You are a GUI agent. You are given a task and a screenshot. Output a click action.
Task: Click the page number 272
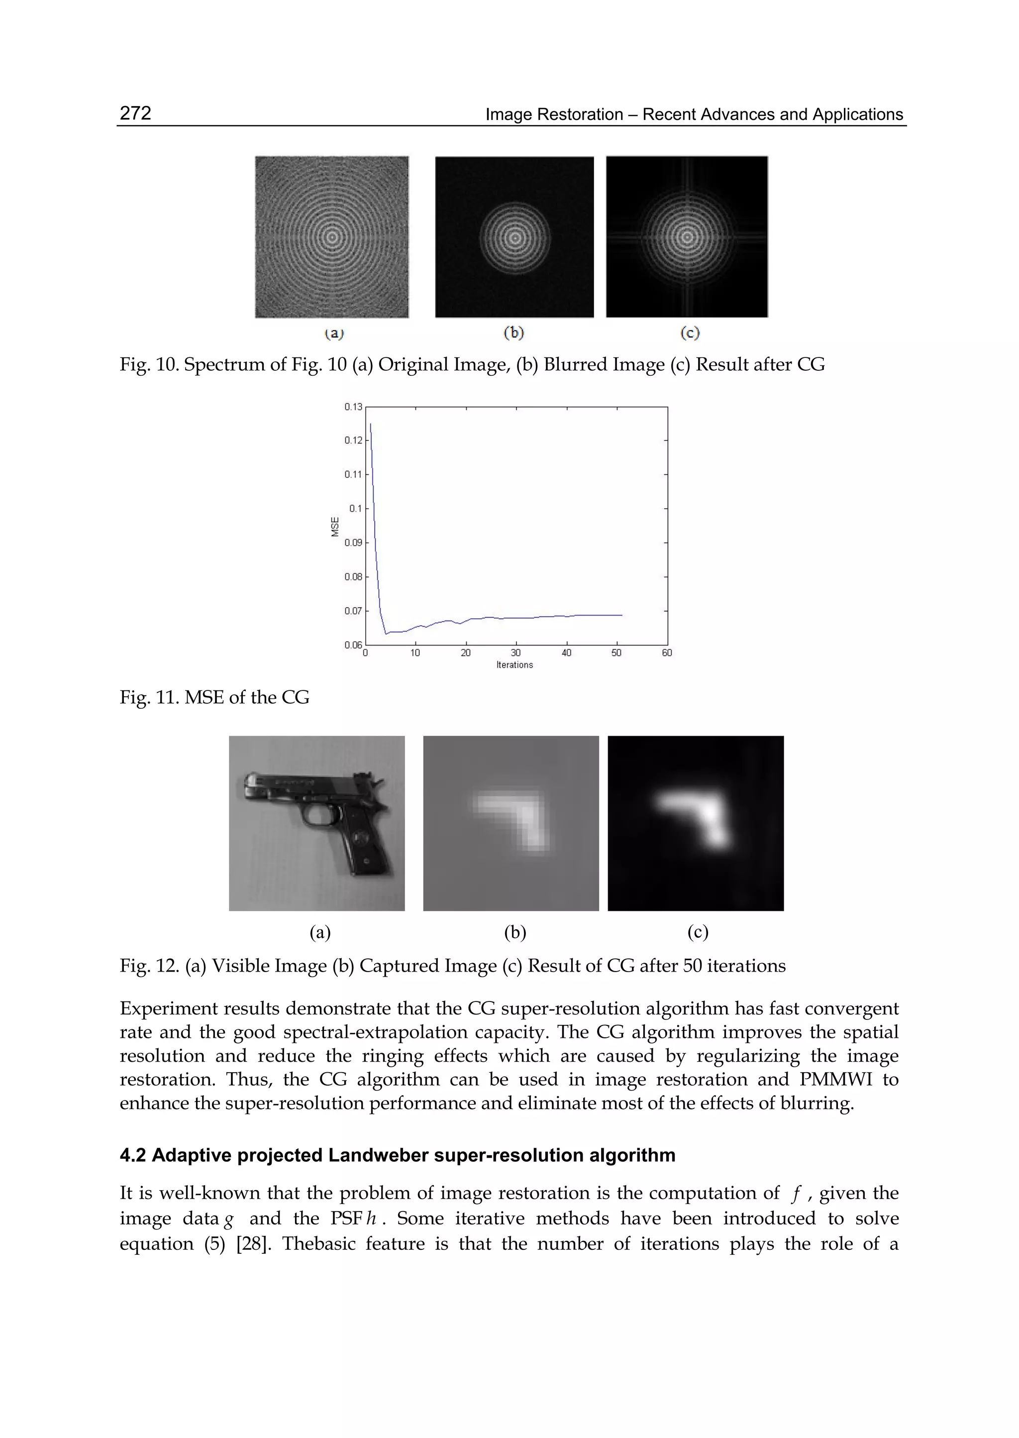click(135, 113)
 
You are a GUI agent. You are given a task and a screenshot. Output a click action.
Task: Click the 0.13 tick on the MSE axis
click(353, 407)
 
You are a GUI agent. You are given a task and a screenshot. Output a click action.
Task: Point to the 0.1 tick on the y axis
click(356, 508)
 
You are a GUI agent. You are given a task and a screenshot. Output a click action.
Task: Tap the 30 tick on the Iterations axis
click(516, 653)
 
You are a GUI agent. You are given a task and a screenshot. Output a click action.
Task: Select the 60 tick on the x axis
click(667, 653)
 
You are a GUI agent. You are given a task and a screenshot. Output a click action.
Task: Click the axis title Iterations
click(514, 664)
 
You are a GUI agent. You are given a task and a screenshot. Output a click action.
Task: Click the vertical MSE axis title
click(335, 526)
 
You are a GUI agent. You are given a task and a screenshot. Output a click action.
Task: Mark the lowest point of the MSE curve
click(386, 634)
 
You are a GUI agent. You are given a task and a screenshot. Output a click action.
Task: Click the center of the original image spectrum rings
click(332, 237)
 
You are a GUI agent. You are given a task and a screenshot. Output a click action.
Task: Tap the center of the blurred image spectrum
click(514, 237)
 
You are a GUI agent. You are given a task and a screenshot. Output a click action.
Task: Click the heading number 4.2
click(132, 1156)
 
